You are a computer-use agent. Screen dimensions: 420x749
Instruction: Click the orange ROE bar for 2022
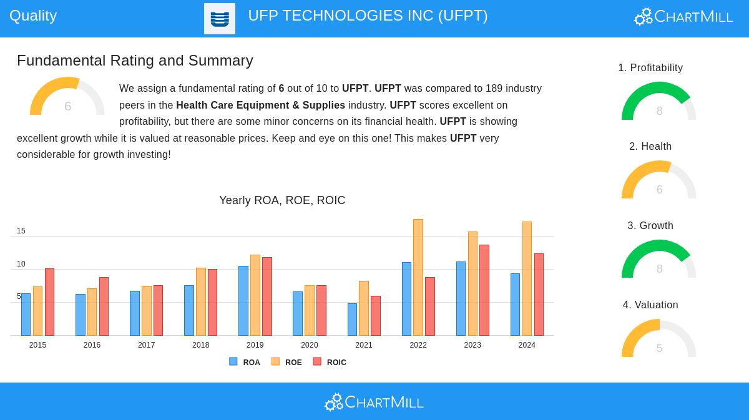coord(418,277)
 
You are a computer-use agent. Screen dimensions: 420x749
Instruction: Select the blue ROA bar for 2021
coord(352,320)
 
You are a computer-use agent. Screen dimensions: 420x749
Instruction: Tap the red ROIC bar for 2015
coord(49,302)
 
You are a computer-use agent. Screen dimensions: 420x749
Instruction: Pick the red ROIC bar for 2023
coord(484,290)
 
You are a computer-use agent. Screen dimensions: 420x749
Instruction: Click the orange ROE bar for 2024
coord(527,278)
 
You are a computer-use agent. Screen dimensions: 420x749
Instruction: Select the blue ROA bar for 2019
coord(243,301)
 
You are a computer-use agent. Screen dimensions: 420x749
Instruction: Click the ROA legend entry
coord(245,362)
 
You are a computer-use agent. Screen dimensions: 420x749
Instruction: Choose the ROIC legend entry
coord(330,362)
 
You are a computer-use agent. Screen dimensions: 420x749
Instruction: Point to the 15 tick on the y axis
coord(21,231)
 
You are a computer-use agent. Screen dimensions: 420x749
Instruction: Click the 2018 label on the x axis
coord(200,345)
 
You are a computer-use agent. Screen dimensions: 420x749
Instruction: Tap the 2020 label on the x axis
coord(309,345)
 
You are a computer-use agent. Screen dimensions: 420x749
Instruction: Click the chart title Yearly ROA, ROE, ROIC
coord(282,200)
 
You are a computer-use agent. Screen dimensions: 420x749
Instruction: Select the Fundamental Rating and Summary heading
coord(135,61)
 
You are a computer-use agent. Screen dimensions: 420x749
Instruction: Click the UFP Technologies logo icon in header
coord(220,19)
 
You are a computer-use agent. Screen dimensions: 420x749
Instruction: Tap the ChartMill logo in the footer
coord(374,402)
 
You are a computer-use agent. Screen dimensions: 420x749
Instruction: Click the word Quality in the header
coord(33,16)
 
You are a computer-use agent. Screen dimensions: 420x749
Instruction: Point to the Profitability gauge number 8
coord(659,111)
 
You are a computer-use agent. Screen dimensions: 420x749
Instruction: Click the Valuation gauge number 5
coord(659,348)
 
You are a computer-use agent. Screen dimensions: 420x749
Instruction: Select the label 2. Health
coord(650,147)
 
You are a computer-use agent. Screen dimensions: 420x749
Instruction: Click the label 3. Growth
coord(650,226)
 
